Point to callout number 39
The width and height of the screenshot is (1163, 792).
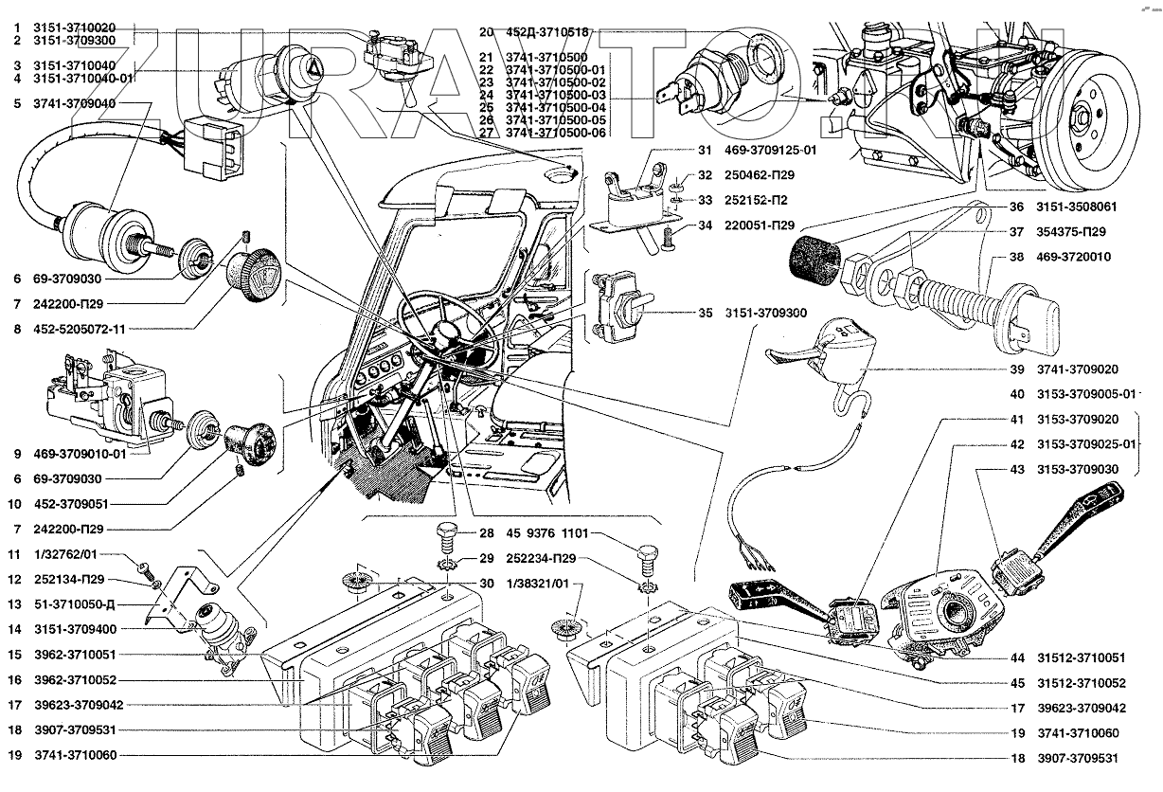point(991,369)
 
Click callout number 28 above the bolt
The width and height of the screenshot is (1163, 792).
point(487,532)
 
